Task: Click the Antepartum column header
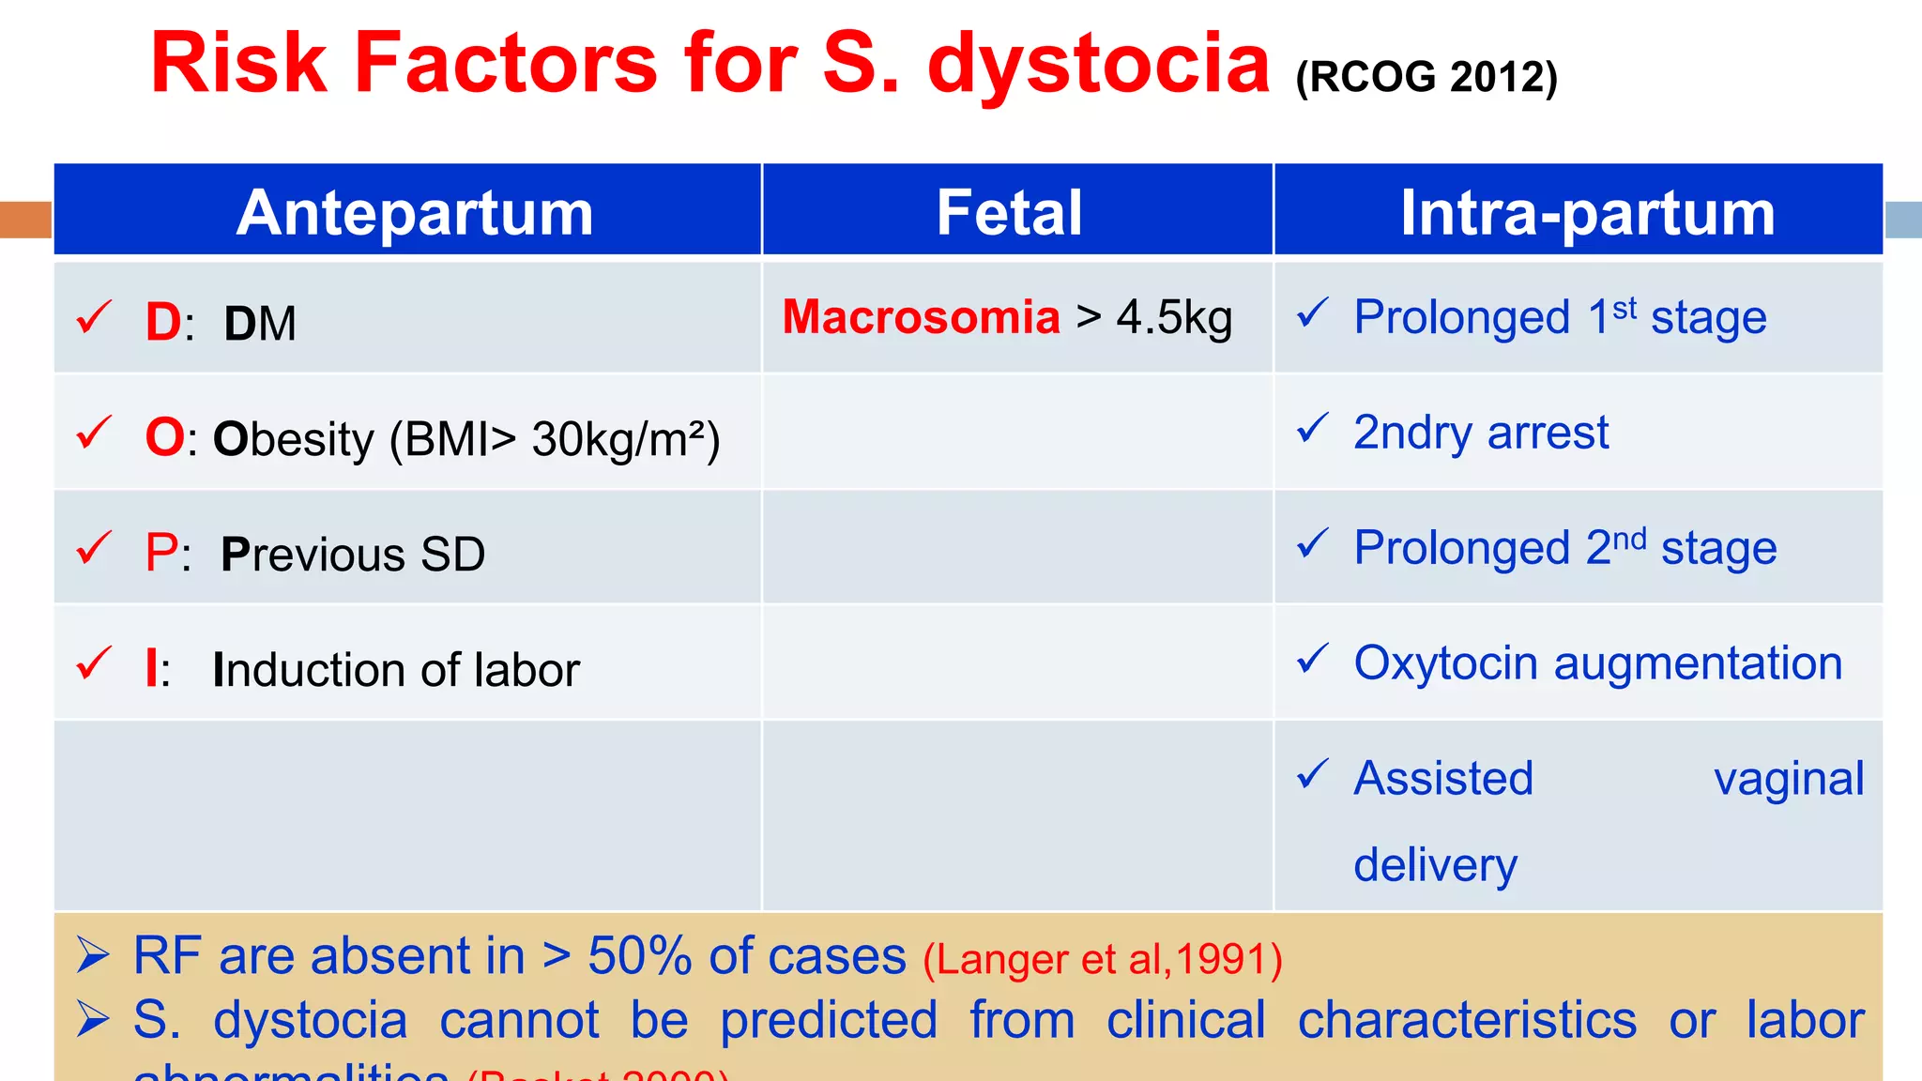(415, 213)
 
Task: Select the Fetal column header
(1009, 213)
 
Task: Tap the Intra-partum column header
(1587, 213)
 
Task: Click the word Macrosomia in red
(921, 317)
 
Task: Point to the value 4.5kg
(1174, 318)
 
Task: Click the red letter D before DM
(162, 323)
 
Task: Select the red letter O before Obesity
(164, 438)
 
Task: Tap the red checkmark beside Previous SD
(94, 548)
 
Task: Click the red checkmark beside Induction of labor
(94, 663)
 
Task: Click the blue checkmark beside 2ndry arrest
(1312, 429)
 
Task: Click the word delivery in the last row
(1435, 865)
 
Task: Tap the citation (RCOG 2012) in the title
(1426, 77)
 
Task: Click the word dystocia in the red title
(1098, 64)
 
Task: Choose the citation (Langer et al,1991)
(1102, 959)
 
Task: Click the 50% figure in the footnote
(639, 956)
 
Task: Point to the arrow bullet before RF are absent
(93, 956)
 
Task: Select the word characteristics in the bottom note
(1467, 1020)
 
